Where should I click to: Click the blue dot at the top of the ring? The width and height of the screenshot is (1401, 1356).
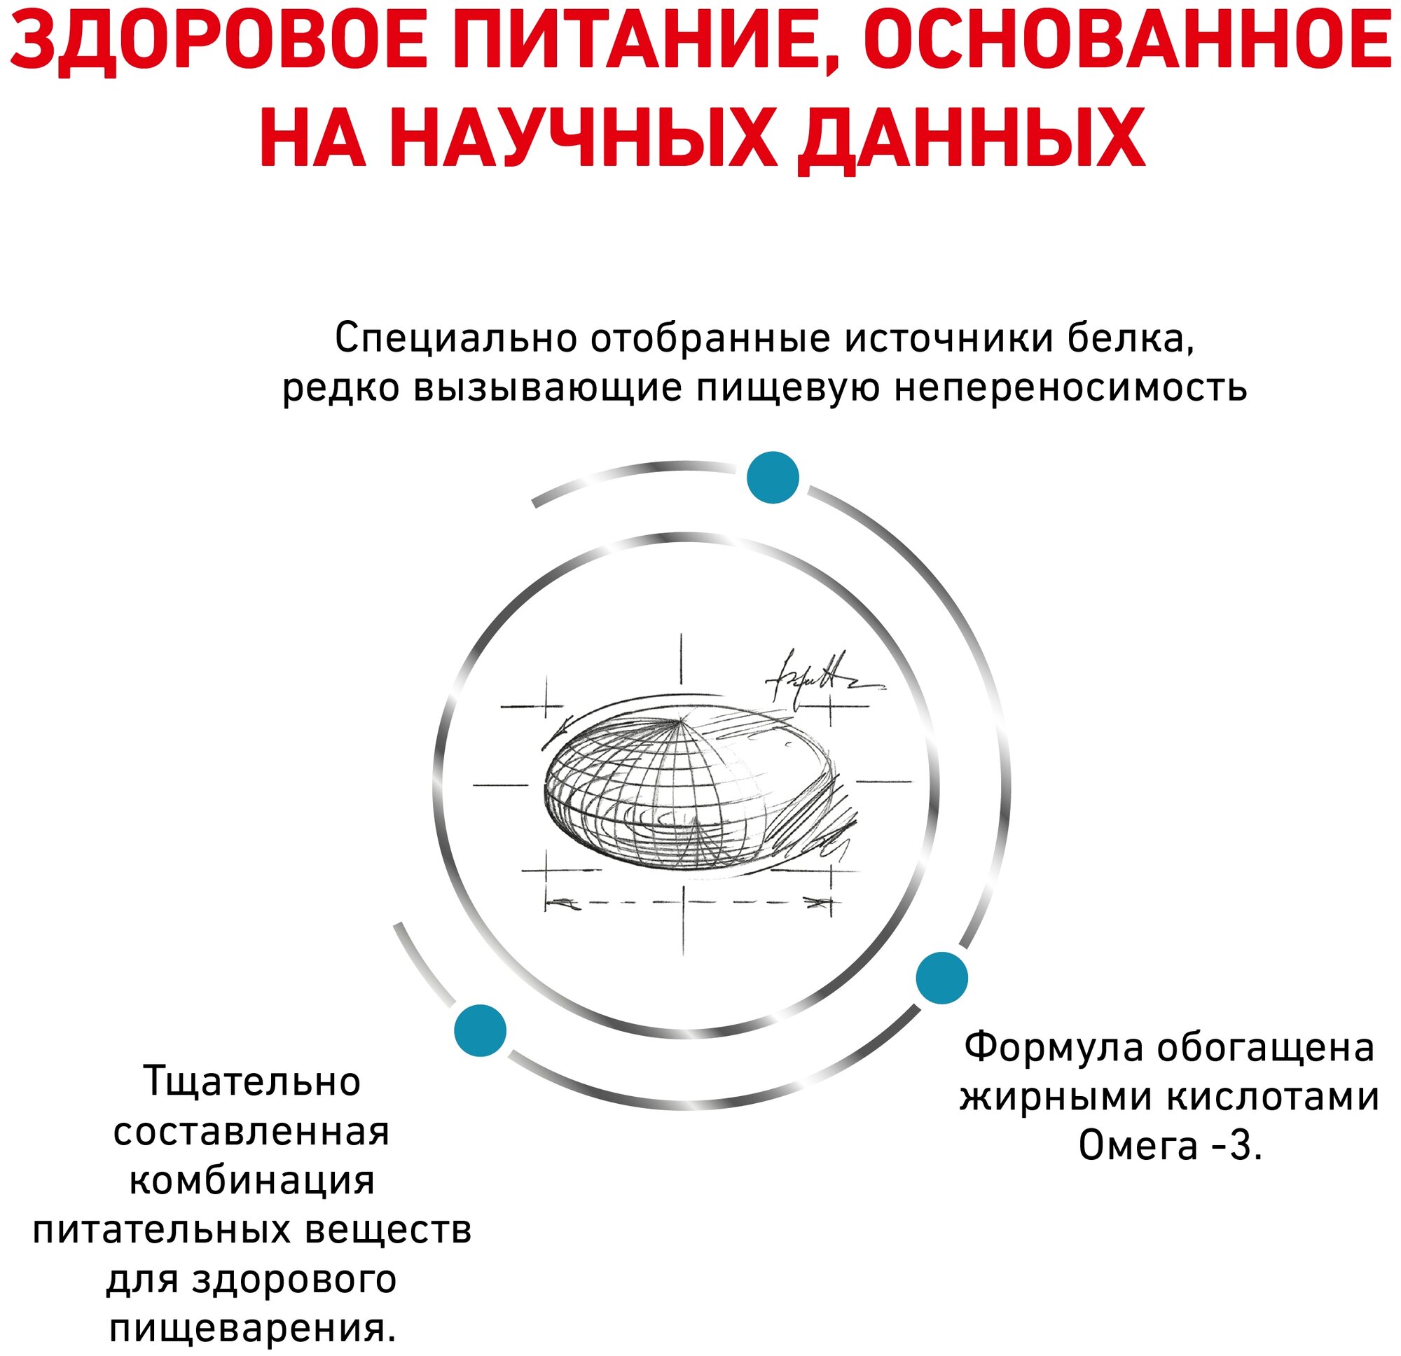(x=772, y=478)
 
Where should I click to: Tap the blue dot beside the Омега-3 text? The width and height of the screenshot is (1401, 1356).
(x=941, y=978)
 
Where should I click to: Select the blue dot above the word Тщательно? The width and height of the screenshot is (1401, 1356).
(x=481, y=1030)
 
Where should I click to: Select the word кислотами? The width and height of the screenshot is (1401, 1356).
(x=1266, y=1097)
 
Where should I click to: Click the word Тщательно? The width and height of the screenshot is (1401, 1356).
(x=252, y=1081)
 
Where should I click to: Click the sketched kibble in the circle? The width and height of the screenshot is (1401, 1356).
(x=686, y=787)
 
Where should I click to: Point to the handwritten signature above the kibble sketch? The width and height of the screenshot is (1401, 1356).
(x=822, y=675)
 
